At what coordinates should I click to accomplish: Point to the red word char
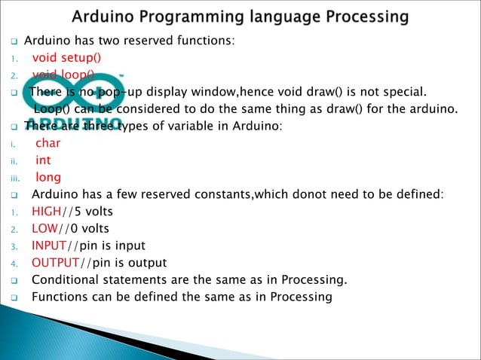(48, 143)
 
